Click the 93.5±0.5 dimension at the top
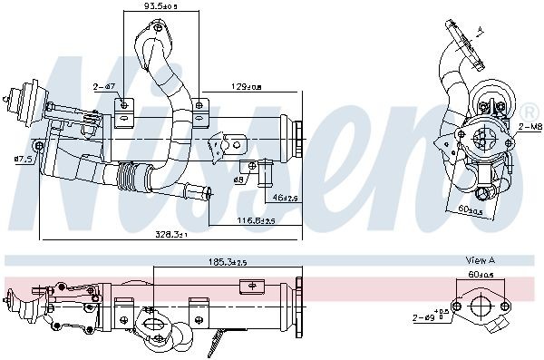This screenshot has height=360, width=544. pyautogui.click(x=157, y=7)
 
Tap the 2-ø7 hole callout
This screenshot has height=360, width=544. pyautogui.click(x=102, y=87)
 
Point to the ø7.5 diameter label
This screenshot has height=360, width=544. pyautogui.click(x=24, y=161)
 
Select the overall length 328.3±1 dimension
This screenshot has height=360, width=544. pyautogui.click(x=170, y=234)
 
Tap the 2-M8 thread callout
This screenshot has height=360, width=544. pyautogui.click(x=529, y=129)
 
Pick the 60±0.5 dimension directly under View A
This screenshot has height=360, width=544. pyautogui.click(x=479, y=273)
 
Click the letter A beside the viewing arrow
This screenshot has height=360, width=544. pyautogui.click(x=480, y=33)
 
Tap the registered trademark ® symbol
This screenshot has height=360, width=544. pyautogui.click(x=526, y=110)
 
